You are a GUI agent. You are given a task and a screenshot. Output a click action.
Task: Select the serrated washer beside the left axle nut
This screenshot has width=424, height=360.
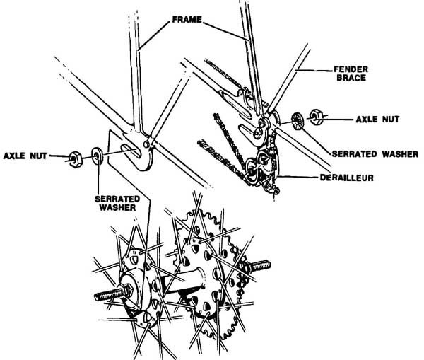click(96, 155)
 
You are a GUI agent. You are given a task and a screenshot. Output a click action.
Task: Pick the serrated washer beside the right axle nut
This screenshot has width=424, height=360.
click(297, 121)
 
